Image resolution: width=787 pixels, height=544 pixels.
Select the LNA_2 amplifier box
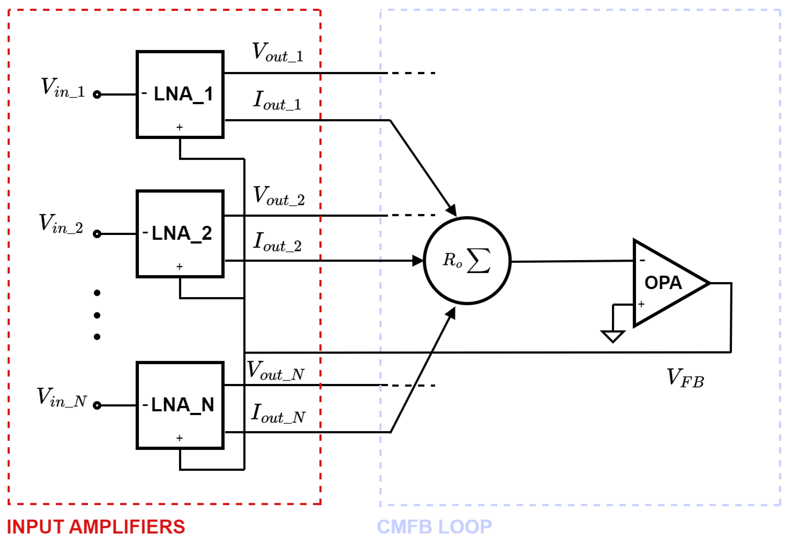[x=180, y=234]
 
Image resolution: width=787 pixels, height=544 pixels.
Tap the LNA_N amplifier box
[x=180, y=405]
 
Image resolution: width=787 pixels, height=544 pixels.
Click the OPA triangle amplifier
[x=664, y=283]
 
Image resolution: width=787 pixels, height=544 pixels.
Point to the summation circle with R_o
[x=467, y=260]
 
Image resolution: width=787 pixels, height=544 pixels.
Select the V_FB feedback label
[x=685, y=378]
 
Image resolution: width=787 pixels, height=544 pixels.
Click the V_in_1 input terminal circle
[x=97, y=95]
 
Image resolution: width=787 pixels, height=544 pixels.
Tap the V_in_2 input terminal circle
[x=97, y=234]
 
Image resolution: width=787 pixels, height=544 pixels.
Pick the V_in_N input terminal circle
[x=97, y=405]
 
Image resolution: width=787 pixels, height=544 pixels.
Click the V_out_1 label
[x=277, y=52]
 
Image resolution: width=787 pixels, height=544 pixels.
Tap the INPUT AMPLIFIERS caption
[x=96, y=527]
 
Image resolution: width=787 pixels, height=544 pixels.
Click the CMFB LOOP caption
[x=435, y=527]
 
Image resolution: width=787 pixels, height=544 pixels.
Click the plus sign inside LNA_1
[x=179, y=127]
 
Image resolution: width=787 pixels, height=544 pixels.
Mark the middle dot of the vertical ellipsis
[x=97, y=315]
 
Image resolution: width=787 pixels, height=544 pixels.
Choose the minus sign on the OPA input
[x=642, y=260]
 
